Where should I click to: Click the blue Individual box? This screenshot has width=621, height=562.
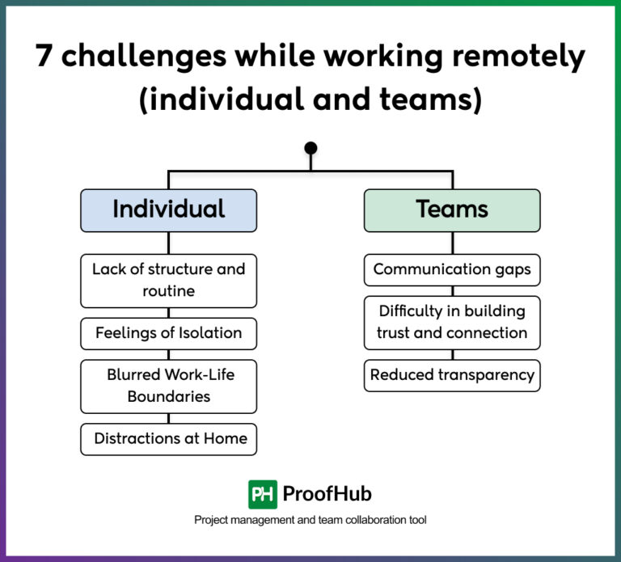[x=168, y=210]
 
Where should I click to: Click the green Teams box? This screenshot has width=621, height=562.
[x=452, y=210]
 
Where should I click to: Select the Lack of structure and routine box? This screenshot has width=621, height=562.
[x=168, y=280]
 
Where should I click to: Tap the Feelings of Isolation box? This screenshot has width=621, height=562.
[x=168, y=332]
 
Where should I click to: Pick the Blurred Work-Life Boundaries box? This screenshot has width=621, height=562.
[x=168, y=386]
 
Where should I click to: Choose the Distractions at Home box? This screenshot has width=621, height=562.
[x=168, y=439]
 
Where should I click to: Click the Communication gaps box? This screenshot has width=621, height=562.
[x=452, y=269]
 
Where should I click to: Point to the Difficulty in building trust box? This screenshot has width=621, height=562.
[x=452, y=322]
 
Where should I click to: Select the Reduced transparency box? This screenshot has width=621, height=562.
[x=452, y=375]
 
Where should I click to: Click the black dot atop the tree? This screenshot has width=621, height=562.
[x=310, y=148]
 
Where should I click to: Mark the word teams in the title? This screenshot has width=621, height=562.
[x=437, y=100]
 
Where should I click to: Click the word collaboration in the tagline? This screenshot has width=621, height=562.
[x=350, y=520]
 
